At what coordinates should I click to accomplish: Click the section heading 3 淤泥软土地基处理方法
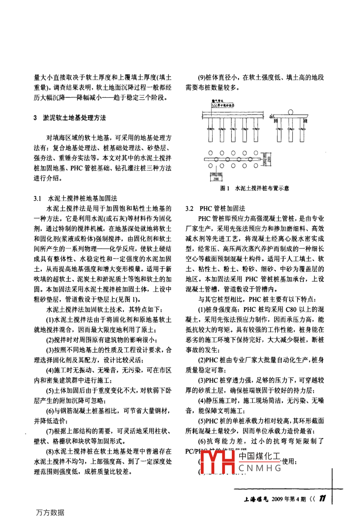[x=70, y=118]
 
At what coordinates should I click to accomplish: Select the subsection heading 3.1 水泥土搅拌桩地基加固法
[x=75, y=198]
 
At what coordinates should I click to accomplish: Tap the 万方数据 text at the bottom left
[x=50, y=512]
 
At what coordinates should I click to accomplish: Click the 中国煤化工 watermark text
[x=259, y=457]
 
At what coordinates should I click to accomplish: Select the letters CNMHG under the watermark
[x=260, y=468]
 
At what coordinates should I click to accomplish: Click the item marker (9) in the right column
[x=203, y=78]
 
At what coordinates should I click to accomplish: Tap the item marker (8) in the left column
[x=50, y=451]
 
